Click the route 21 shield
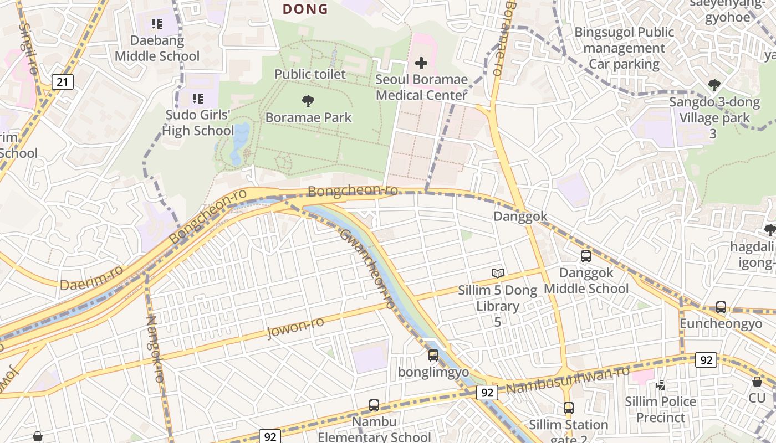(63, 83)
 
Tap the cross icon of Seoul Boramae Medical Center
(421, 63)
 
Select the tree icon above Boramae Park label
(308, 101)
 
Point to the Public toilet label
(310, 74)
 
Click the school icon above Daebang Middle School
(157, 24)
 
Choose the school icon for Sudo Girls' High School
(197, 99)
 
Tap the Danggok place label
(520, 217)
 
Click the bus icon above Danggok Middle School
(586, 256)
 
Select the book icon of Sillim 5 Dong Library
(498, 273)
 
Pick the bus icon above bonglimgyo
(433, 356)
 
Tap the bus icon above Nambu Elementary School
(374, 405)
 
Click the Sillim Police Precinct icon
(660, 385)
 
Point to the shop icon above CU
(757, 382)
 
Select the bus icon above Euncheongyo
(721, 307)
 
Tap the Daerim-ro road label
(91, 278)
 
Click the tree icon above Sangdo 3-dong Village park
(714, 85)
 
